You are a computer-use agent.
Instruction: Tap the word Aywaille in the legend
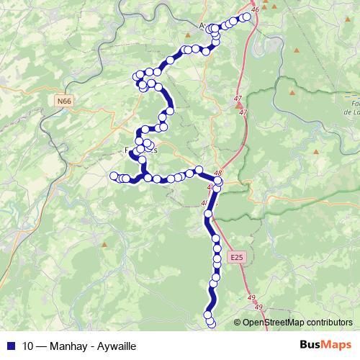click(114, 345)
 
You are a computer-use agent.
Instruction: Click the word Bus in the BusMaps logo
click(310, 344)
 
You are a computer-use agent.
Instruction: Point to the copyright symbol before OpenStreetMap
click(237, 323)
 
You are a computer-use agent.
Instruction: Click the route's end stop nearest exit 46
click(247, 16)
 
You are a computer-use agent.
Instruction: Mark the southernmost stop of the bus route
click(211, 323)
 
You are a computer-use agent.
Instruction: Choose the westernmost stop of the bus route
click(113, 176)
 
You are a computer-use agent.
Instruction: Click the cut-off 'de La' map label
click(352, 112)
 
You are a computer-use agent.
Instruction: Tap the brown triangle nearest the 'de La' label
click(292, 92)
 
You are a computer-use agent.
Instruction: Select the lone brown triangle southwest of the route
click(104, 245)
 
